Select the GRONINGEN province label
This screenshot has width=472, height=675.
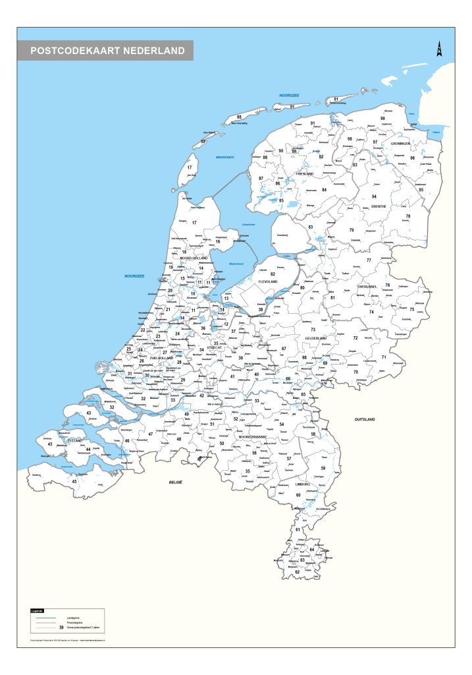(x=400, y=143)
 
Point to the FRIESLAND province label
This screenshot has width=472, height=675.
(x=305, y=173)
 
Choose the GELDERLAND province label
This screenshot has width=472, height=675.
(x=316, y=338)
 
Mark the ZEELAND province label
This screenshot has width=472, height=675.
(x=74, y=440)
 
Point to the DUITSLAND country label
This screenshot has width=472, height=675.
(x=364, y=419)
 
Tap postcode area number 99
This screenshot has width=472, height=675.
(x=382, y=118)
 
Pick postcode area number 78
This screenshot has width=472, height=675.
(x=407, y=216)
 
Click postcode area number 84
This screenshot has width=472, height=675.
(x=325, y=190)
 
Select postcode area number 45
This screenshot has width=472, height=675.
(x=74, y=481)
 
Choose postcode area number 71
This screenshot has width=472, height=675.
(x=384, y=357)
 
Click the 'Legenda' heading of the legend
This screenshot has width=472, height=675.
(x=38, y=611)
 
